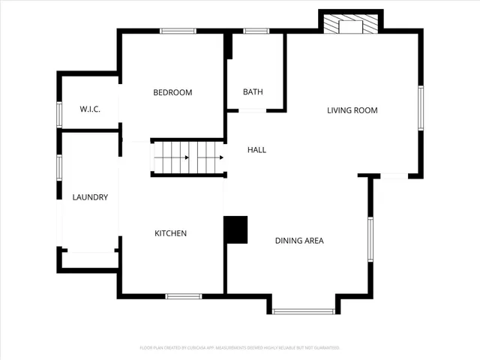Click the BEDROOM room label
tap(172, 93)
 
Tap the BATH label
tap(253, 92)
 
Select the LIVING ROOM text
tap(352, 110)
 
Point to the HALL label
tap(256, 150)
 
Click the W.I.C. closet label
tap(90, 109)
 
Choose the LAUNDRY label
tap(90, 198)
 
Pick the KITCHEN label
tap(170, 234)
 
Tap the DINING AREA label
tap(299, 241)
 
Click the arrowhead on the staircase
tap(221, 157)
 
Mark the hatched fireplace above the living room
tap(351, 25)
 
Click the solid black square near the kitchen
tap(236, 229)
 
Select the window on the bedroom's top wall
tap(178, 31)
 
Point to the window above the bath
tap(256, 31)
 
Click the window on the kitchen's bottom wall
tap(184, 296)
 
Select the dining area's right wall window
tap(370, 238)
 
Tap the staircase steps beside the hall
tap(187, 157)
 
